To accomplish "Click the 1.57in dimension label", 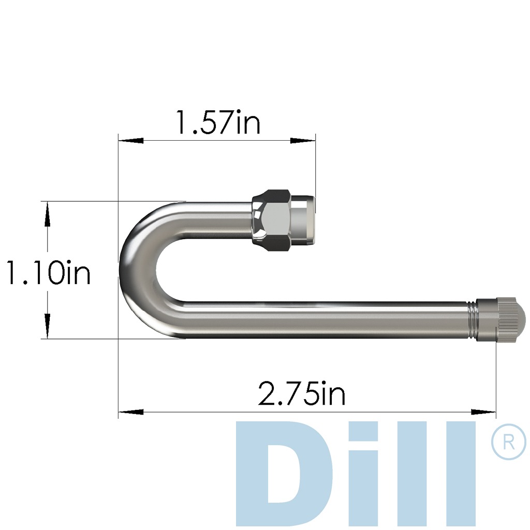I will point(217,123).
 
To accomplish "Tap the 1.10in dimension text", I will point(48,273).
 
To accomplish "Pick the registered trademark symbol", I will point(508,443).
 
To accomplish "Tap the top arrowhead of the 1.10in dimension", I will point(48,214).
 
